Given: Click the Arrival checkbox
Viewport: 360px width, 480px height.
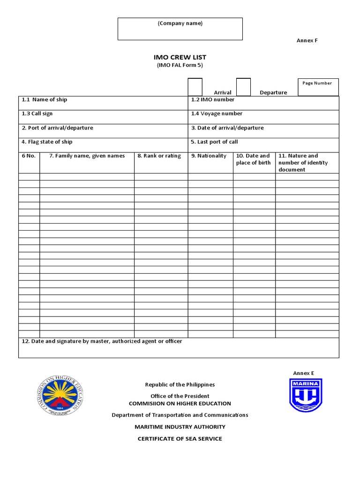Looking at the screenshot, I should pos(195,87).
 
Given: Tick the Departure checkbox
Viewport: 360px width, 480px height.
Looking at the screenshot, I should pos(243,87).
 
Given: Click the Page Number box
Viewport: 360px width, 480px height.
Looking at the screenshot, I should pos(318,87).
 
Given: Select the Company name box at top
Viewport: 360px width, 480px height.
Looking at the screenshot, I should pos(180,29).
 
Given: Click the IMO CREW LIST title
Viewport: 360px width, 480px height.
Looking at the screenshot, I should pos(180,57).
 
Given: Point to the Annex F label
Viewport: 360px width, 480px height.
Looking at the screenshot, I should pos(307,40).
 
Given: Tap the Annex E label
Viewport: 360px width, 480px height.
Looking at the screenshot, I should pos(303,373).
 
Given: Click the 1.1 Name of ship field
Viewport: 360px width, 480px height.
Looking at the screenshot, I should pos(103,103).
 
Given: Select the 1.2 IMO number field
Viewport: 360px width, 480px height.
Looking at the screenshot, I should pos(263,103).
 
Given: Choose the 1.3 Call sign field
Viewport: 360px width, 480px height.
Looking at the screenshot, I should pos(103,117).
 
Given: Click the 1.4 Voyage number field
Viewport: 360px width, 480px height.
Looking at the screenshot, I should pos(263,117).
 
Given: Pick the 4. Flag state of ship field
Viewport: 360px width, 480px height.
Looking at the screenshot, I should pos(103,145).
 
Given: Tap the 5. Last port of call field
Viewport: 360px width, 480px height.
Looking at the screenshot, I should pos(263,145).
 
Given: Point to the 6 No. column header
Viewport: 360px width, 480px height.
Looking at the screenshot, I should pos(29,156).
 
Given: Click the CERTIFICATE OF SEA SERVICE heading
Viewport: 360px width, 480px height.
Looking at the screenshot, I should pos(180,439).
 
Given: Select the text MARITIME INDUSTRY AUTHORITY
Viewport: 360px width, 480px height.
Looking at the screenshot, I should pos(180,427).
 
